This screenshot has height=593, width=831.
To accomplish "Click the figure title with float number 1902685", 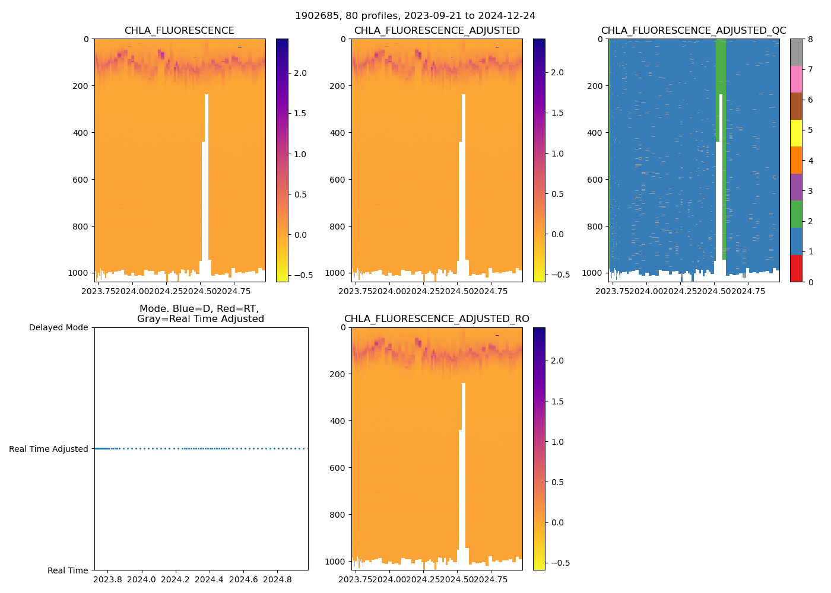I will coord(415,16).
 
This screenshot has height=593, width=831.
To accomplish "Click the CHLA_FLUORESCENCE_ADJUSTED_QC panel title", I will coord(693,31).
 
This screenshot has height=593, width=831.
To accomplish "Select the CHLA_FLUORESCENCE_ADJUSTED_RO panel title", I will coord(436,319).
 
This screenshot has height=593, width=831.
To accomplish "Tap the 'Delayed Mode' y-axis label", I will coord(58,327).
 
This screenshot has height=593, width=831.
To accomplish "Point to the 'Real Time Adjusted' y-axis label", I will coord(49,449).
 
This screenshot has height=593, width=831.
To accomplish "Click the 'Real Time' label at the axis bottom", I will coord(68,570).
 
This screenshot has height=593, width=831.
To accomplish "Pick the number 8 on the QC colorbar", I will coord(810,39).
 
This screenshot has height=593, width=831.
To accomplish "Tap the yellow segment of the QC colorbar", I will coord(796,133).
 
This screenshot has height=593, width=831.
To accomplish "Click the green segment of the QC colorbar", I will coord(796,214).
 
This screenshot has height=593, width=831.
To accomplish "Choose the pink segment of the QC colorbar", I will coord(796,79).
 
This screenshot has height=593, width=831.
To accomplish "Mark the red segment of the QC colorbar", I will coord(796,268).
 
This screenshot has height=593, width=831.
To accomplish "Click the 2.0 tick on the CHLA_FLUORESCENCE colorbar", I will coord(300,73).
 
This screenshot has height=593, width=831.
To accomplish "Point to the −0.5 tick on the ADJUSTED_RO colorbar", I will coord(558,563).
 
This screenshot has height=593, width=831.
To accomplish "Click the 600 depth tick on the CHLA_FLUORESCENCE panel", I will coord(81,180).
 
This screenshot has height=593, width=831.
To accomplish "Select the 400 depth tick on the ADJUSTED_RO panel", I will coord(338,421).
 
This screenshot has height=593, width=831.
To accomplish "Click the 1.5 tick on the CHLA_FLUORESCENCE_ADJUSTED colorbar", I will coord(557,113).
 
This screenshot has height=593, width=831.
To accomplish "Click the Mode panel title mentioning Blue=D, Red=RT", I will coord(200,314).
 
